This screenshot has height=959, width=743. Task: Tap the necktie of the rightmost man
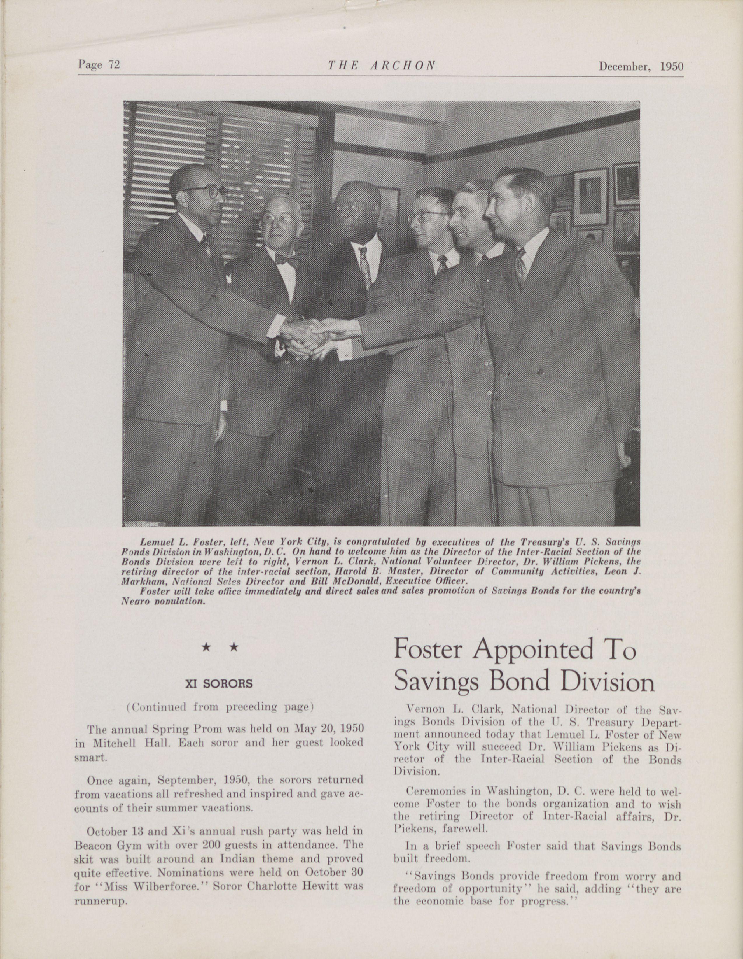(x=521, y=266)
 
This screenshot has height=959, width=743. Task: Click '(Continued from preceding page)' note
(x=219, y=707)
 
